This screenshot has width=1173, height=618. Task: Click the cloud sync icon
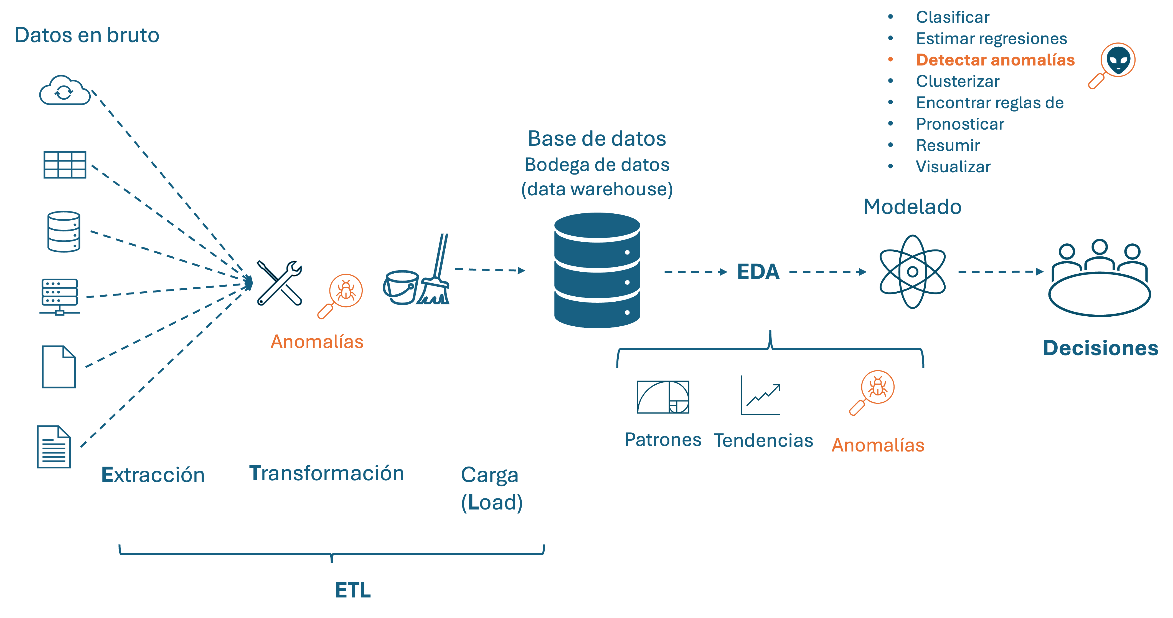pyautogui.click(x=65, y=91)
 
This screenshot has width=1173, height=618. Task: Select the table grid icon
pyautogui.click(x=65, y=165)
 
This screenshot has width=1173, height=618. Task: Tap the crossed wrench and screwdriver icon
pyautogui.click(x=279, y=283)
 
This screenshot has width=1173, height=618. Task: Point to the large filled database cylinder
pyautogui.click(x=597, y=270)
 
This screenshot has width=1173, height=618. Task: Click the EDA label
pyautogui.click(x=758, y=272)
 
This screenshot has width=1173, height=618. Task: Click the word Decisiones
pyautogui.click(x=1100, y=348)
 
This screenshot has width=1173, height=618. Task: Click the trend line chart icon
pyautogui.click(x=760, y=396)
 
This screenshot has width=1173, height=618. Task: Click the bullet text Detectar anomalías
pyautogui.click(x=995, y=60)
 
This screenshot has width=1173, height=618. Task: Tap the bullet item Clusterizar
pyautogui.click(x=957, y=81)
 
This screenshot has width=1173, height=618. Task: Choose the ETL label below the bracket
pyautogui.click(x=353, y=590)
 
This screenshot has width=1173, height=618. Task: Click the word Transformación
pyautogui.click(x=326, y=473)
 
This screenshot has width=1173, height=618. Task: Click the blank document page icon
pyautogui.click(x=59, y=367)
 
